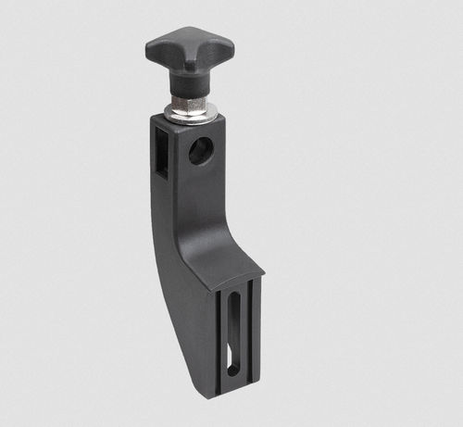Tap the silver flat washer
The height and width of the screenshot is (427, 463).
point(191,114)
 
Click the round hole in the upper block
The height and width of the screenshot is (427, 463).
point(201,150)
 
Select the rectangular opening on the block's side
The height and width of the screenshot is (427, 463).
point(161,154)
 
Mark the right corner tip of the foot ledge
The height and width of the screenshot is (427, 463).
point(263,274)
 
